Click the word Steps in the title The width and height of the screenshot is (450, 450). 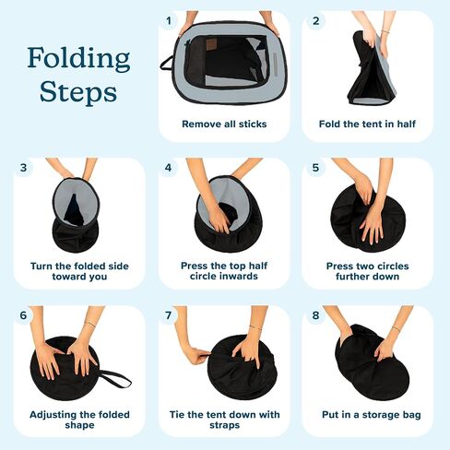(x=78, y=91)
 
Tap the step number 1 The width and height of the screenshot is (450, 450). (x=169, y=21)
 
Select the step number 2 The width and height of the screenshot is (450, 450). (x=316, y=21)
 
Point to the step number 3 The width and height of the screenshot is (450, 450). (x=23, y=168)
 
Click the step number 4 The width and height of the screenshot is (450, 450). (x=168, y=168)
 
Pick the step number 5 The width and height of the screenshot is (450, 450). (x=315, y=168)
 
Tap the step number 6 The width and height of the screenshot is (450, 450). (x=23, y=315)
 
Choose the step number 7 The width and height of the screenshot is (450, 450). (x=168, y=315)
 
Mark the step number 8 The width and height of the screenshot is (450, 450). (x=315, y=315)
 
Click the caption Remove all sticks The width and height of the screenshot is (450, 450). (x=224, y=124)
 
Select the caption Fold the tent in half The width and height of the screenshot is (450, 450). (x=367, y=124)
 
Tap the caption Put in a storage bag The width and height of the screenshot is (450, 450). (x=372, y=415)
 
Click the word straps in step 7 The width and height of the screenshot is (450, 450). (x=225, y=425)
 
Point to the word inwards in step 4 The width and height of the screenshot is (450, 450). (x=224, y=276)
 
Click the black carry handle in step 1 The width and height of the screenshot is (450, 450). (x=167, y=63)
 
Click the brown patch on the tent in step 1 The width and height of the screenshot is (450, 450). (x=211, y=45)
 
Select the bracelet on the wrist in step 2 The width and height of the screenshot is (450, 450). (x=385, y=31)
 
